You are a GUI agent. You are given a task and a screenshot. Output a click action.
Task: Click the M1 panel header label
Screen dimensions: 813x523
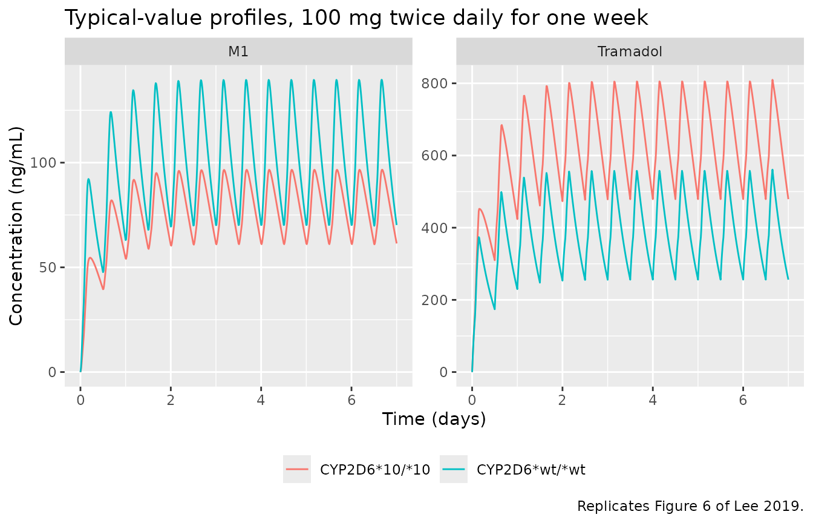click(238, 51)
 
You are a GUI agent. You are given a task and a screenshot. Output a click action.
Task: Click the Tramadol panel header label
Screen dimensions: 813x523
click(630, 51)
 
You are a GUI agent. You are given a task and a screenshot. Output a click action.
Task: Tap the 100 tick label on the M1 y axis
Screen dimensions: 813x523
click(43, 162)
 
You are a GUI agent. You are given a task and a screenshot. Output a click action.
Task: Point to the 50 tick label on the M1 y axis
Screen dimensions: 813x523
click(48, 268)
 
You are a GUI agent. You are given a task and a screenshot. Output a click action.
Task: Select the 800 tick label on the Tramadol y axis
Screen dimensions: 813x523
click(434, 83)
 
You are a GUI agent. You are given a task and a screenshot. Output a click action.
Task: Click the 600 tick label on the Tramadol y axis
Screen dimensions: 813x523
click(434, 156)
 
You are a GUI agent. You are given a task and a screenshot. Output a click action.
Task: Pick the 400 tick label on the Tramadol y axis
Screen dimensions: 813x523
click(434, 228)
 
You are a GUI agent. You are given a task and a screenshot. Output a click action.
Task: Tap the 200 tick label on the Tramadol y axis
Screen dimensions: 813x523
click(434, 300)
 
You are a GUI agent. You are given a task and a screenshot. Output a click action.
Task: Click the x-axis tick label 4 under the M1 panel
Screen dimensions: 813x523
click(261, 400)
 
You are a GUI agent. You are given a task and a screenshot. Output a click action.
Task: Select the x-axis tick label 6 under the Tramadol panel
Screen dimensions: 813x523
click(743, 400)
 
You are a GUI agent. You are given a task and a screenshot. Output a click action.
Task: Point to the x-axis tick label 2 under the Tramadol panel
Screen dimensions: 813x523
click(562, 400)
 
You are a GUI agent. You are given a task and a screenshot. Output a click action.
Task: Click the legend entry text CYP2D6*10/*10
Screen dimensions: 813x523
click(375, 470)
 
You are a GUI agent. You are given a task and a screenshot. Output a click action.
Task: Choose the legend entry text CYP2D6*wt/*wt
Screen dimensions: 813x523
click(531, 470)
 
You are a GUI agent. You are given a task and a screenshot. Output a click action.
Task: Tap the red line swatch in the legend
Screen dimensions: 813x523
click(297, 469)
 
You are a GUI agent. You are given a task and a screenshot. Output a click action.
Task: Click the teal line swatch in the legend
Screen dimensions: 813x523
click(454, 469)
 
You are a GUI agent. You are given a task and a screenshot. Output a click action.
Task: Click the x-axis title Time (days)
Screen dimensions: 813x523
click(434, 419)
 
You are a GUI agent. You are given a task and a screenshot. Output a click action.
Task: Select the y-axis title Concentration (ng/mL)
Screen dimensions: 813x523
click(16, 226)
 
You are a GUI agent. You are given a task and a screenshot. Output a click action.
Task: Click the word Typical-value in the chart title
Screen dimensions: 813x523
click(133, 18)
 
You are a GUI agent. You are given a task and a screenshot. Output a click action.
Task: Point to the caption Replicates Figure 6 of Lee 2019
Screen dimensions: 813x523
click(690, 506)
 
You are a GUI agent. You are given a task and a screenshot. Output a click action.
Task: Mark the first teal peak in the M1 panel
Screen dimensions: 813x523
click(88, 179)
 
